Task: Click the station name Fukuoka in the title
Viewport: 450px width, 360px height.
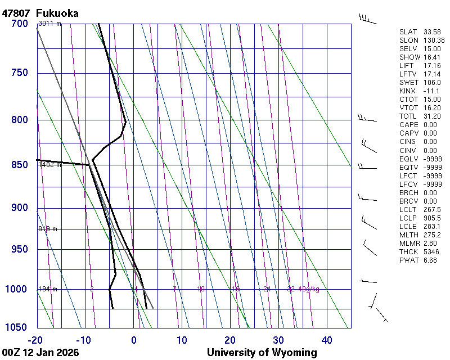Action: [x=57, y=13]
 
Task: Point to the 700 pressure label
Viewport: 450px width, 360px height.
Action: [x=19, y=24]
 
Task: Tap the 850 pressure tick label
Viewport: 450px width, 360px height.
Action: [x=19, y=165]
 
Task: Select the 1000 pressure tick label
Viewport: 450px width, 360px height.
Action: [x=17, y=289]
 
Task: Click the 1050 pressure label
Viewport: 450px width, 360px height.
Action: [x=17, y=327]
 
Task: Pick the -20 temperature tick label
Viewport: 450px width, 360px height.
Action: [x=36, y=340]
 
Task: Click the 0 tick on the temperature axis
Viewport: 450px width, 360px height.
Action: [x=134, y=340]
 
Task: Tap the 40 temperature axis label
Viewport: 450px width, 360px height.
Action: [x=327, y=340]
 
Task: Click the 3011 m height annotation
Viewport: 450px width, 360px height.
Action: [x=49, y=24]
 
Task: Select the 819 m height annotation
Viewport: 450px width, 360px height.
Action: [x=48, y=229]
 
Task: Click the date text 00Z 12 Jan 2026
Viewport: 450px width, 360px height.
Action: [x=40, y=353]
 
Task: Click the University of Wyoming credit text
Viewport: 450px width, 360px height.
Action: [x=262, y=353]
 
